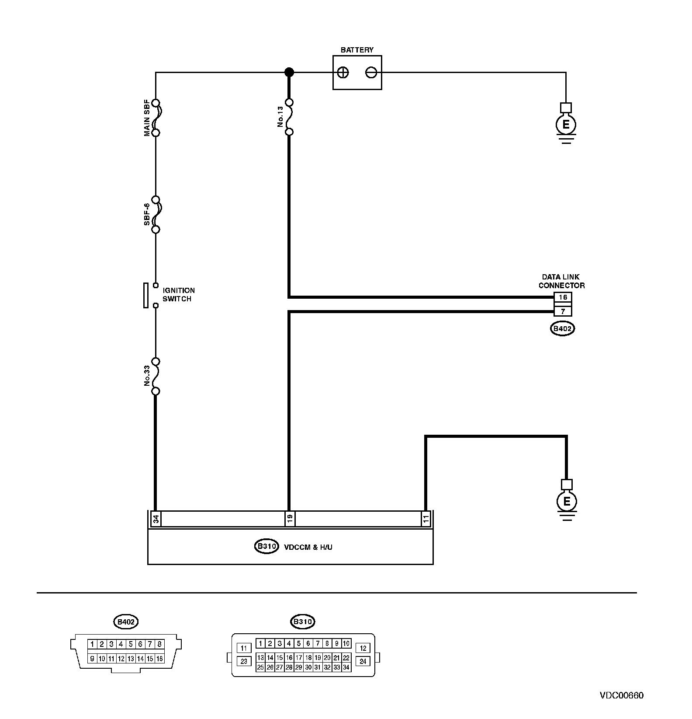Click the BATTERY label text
pos(357,50)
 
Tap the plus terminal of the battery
pos(343,73)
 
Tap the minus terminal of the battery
pos(371,73)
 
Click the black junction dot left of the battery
pos(289,73)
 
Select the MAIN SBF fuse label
pos(147,117)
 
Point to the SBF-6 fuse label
pos(147,214)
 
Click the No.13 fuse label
pos(280,117)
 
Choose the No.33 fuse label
pos(147,376)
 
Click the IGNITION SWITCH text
pos(179,295)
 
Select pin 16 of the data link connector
pos(563,297)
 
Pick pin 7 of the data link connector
pos(563,311)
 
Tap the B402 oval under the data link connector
pos(562,329)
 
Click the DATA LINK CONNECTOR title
pos(561,281)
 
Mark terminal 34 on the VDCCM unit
pos(156,519)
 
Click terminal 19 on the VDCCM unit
pos(289,519)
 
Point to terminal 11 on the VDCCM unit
pos(426,519)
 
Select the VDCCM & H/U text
pos(308,547)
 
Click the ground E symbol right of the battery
pos(566,125)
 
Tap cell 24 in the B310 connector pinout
pos(363,661)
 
